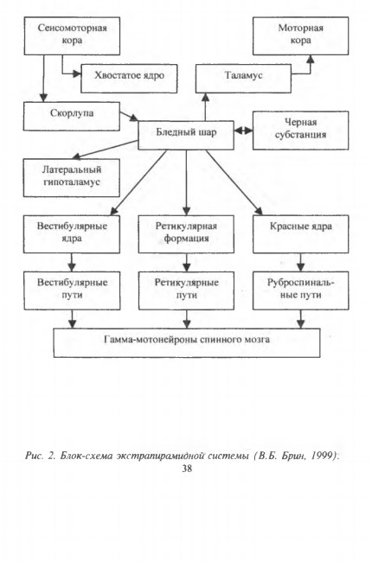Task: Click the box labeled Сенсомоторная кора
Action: point(72,35)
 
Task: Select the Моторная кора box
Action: point(300,35)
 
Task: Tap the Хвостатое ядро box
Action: point(129,79)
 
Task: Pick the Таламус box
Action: point(243,79)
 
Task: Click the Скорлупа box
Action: point(72,116)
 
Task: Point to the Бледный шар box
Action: point(186,135)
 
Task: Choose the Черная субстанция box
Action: point(300,131)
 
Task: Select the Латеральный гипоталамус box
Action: point(72,178)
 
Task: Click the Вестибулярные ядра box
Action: point(72,234)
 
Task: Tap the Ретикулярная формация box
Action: point(186,234)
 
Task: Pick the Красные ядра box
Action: point(300,234)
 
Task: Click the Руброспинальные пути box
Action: point(300,291)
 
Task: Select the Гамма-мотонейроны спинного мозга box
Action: point(187,342)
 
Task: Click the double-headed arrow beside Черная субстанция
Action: point(244,131)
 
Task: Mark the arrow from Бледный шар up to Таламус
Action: point(206,107)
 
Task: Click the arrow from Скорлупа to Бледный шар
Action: point(129,116)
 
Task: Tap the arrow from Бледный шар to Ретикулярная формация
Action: point(186,182)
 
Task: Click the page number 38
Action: point(187,469)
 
